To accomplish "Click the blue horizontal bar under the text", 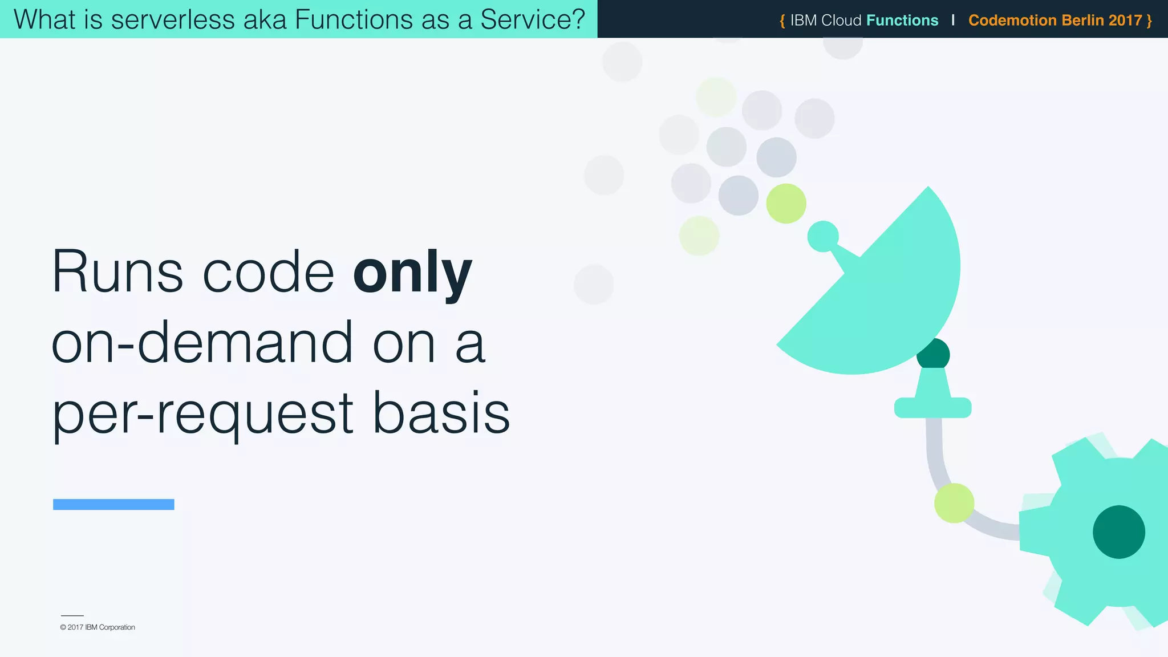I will pos(113,504).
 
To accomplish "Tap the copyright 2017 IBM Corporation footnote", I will pos(98,627).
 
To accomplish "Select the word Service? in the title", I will pos(533,19).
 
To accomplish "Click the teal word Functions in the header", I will pos(902,21).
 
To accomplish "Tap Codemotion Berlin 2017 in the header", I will pos(1055,21).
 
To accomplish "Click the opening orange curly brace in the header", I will pos(782,21).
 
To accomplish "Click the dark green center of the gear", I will pos(1118,532).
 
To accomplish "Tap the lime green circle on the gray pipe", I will pos(954,503).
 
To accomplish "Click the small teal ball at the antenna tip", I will pos(823,236).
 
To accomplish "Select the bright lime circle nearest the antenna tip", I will pos(786,204).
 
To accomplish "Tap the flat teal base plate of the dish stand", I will pos(932,408).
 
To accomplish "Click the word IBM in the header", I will pos(804,21).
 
